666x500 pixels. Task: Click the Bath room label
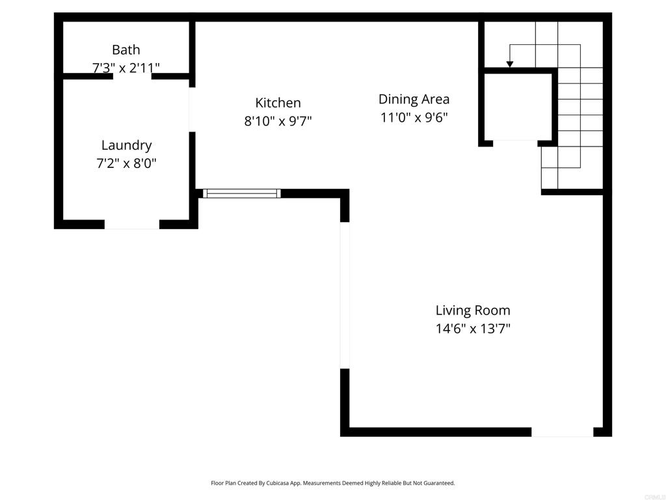[126, 49]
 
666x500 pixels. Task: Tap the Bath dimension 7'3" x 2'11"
[126, 68]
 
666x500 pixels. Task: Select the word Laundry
[127, 145]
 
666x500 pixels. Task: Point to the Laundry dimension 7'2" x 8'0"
[127, 163]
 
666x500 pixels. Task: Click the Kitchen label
[278, 103]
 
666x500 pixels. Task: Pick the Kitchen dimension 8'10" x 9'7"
[278, 121]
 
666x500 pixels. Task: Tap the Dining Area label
[414, 99]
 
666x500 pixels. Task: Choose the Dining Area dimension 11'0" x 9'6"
[414, 117]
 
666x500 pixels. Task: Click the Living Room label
[473, 311]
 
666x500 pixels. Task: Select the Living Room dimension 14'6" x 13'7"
[473, 329]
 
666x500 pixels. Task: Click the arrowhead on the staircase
[510, 64]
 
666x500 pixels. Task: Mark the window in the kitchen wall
[242, 193]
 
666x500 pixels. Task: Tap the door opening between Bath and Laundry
[132, 76]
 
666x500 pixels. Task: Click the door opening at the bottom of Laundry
[131, 225]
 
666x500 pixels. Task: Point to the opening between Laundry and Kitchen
[192, 109]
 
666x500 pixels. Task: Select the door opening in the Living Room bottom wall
[563, 432]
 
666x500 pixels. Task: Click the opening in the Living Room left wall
[345, 295]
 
